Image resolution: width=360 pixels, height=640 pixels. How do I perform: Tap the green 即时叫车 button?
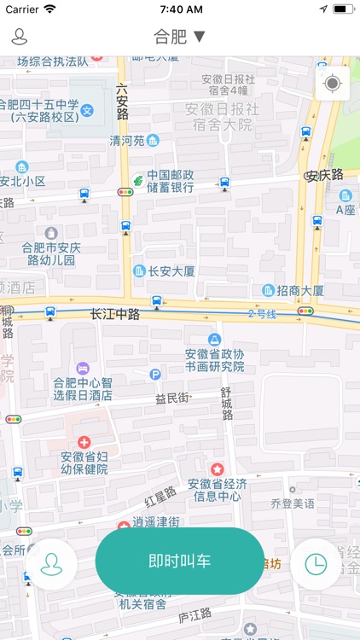coord(180,561)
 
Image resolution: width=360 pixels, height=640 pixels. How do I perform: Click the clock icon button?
coord(316,564)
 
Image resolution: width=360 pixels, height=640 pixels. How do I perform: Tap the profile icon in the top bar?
coord(19,37)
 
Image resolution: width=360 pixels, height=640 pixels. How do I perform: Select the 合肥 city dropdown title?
coord(179,37)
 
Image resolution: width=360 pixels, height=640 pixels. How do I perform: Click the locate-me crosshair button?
coord(332,84)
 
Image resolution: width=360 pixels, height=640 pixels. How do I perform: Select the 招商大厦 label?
coord(299,291)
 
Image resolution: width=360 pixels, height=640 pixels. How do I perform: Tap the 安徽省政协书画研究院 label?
coord(214,360)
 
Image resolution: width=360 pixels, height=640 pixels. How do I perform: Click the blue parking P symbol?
coord(155,374)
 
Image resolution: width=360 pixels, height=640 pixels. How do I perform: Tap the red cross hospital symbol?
coord(84,442)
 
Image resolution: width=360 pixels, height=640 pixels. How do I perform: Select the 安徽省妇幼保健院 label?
coord(84,463)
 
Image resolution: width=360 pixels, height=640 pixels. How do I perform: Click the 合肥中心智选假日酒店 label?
coord(83,389)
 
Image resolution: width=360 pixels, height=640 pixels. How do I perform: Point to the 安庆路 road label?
coord(324,176)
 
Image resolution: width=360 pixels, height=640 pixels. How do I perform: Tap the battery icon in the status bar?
coord(344,9)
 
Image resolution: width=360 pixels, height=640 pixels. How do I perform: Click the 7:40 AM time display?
coord(180,9)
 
